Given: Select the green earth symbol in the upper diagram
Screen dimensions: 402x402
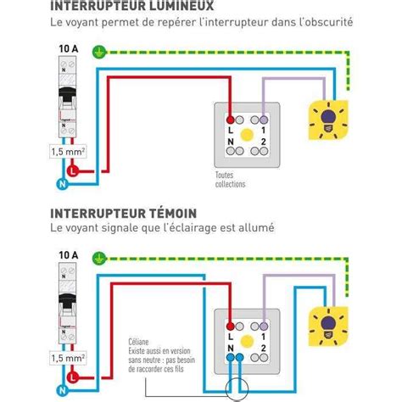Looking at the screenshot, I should point(100,51).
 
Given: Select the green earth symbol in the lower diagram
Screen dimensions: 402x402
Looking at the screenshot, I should point(100,254).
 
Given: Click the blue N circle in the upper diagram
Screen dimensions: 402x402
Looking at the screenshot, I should point(63,182).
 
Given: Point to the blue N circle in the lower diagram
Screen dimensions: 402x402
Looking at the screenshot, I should point(63,385).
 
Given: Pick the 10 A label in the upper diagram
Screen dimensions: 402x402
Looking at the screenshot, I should point(69,49).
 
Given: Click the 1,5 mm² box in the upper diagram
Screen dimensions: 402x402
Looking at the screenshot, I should point(70,153).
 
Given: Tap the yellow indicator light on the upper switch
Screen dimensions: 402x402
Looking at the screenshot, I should point(247,134).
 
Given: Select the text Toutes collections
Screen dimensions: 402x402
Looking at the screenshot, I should point(231,179).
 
